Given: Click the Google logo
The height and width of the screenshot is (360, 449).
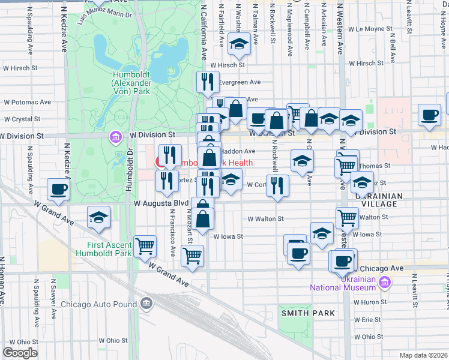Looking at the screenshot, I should pos(20,353).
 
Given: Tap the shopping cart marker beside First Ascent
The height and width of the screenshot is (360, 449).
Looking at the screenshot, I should pos(145,245).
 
